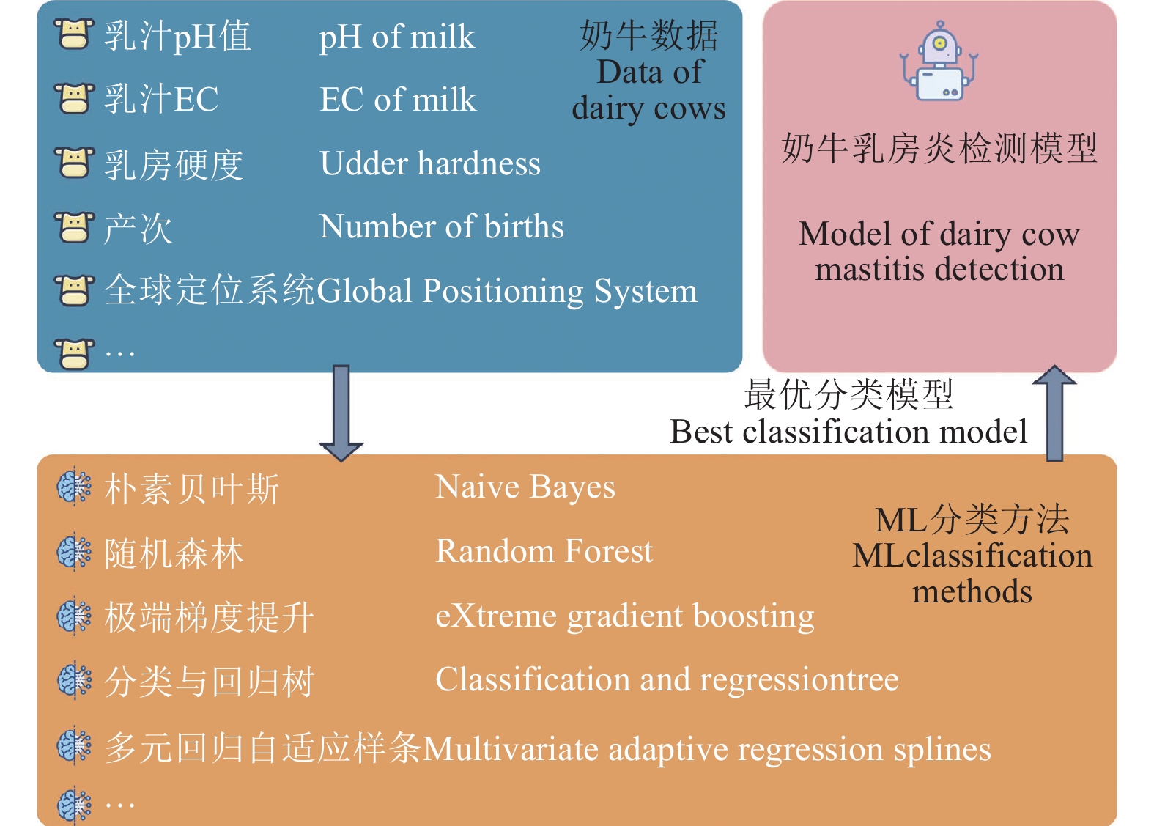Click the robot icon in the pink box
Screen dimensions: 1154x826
pos(939,61)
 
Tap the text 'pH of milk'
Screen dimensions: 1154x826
pos(396,37)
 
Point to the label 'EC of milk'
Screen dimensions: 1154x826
pos(398,99)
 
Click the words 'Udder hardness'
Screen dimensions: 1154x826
pos(430,163)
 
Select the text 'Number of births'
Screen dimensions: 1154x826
pos(442,226)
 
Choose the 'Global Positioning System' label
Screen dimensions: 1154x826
pos(506,291)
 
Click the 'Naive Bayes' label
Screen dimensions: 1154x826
pos(525,487)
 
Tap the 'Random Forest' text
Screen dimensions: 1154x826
pos(544,551)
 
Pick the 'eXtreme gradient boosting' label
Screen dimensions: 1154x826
pos(625,616)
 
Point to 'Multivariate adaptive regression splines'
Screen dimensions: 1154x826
pos(706,750)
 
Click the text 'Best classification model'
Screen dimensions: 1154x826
pos(848,431)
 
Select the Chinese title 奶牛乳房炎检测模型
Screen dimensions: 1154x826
pos(939,149)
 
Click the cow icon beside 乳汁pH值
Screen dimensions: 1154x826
pos(74,34)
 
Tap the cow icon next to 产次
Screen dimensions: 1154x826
pos(74,226)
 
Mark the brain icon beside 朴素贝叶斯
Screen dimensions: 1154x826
pos(74,487)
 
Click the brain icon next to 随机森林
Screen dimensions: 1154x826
pos(74,552)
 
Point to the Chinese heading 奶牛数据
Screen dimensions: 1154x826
pos(649,36)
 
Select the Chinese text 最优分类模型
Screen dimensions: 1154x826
pos(848,395)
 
